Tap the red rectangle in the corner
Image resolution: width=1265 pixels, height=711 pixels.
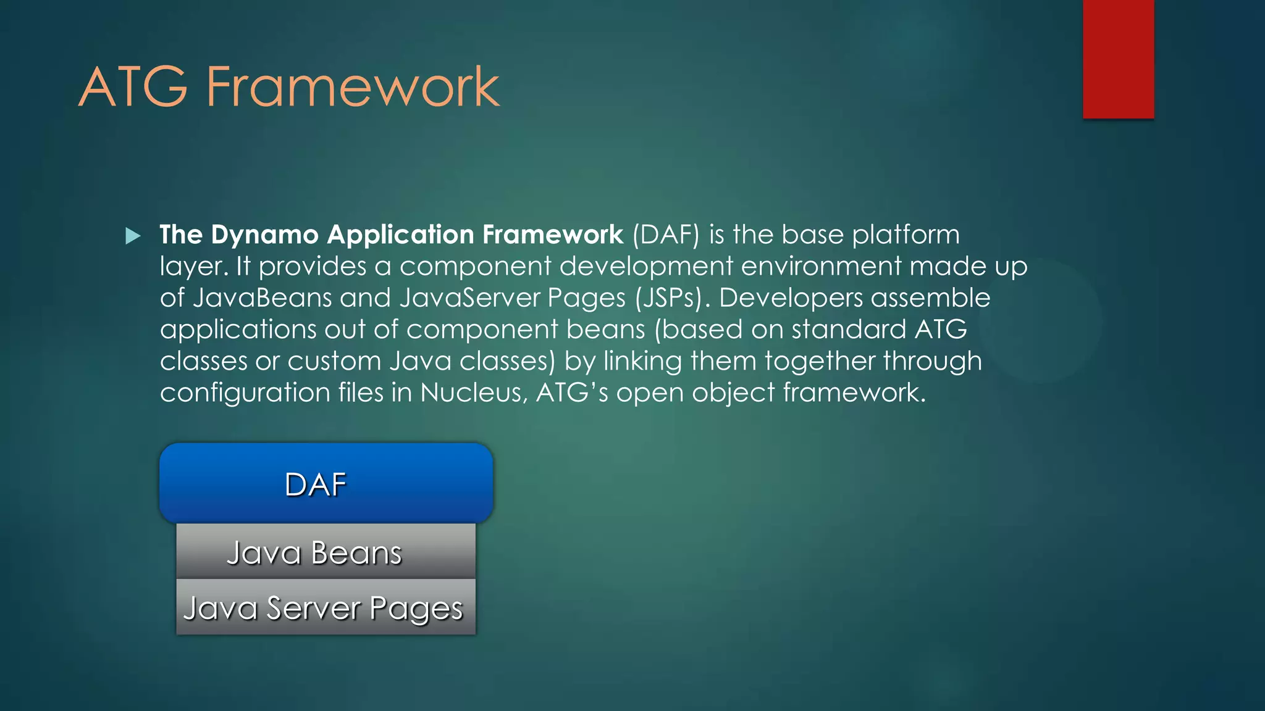point(1118,59)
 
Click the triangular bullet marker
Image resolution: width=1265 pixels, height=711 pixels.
point(133,236)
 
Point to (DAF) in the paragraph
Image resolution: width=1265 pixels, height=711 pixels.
point(666,235)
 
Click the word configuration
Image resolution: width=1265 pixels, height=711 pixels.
point(245,393)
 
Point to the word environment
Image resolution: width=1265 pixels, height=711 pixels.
point(821,267)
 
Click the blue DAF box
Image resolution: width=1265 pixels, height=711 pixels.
point(326,483)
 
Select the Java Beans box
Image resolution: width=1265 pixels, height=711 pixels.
point(326,551)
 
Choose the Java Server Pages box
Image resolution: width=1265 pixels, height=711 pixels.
point(326,607)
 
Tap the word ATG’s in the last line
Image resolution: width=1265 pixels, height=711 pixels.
point(572,393)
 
